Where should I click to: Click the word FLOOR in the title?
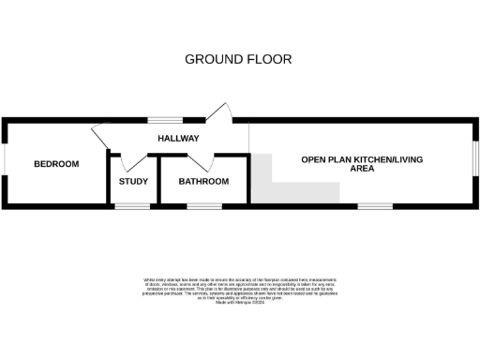[268, 59]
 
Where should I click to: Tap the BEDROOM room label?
[56, 164]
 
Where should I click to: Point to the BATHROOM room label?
[203, 181]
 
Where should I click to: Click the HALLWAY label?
[177, 139]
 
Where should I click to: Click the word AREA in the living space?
[362, 171]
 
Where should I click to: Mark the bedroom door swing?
[102, 135]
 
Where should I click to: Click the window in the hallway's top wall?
[170, 120]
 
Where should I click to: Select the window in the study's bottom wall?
[132, 205]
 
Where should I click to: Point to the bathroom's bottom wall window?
[203, 205]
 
